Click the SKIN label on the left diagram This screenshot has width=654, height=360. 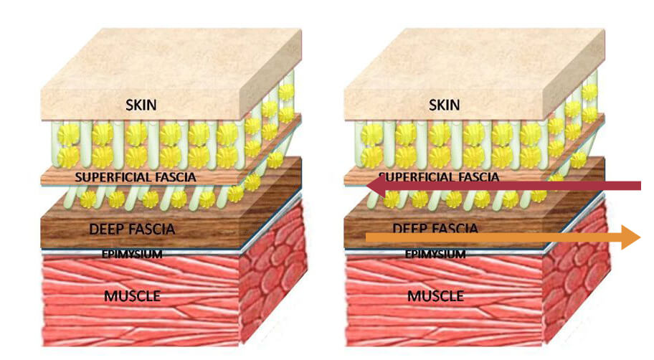141,105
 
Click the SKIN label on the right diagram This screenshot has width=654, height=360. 444,105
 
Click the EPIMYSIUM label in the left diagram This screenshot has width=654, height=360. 131,254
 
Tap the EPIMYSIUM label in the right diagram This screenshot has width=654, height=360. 435,254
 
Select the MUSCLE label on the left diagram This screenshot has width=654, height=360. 132,295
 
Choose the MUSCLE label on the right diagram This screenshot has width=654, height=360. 435,295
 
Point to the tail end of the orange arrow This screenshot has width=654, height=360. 367,235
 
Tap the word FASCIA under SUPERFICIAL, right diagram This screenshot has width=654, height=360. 470,176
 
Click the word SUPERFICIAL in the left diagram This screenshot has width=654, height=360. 110,176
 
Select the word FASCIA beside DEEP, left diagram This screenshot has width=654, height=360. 152,229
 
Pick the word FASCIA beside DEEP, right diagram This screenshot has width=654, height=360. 455,229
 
